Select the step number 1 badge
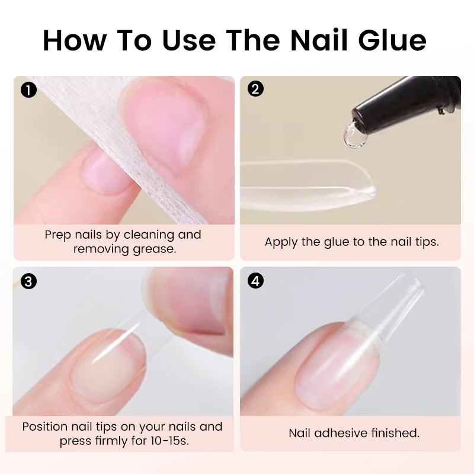28,90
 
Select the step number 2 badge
255,90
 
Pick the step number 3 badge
28,281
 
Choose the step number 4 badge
255,281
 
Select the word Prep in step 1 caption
59,235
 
